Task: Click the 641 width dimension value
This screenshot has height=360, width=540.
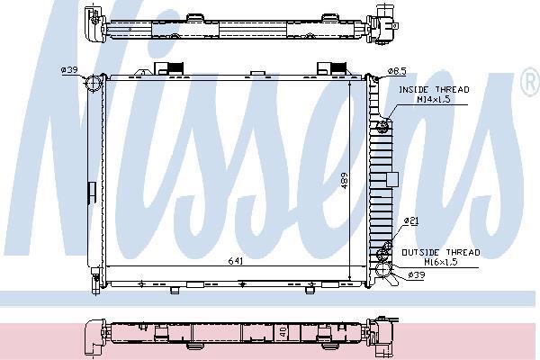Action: [236, 261]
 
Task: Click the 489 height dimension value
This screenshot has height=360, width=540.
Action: [345, 181]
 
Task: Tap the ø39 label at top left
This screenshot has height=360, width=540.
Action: [69, 70]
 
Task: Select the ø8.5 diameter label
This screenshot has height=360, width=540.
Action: [397, 71]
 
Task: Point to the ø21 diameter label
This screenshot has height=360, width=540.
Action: [411, 220]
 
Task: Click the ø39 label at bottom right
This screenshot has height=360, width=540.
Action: [417, 274]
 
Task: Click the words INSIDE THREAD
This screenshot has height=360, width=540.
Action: [434, 90]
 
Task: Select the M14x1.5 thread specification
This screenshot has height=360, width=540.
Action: [434, 100]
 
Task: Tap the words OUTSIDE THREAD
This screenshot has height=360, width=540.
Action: [441, 253]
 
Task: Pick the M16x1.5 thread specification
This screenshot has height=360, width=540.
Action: [441, 262]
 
